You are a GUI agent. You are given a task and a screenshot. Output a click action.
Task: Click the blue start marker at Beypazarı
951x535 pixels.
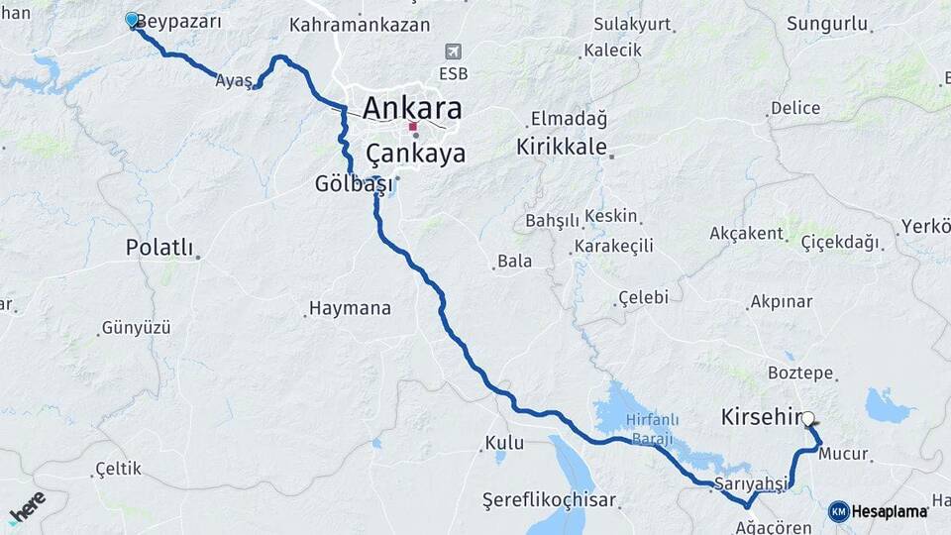tap(132, 20)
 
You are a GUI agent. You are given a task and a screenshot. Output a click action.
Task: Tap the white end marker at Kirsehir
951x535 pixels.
tap(809, 419)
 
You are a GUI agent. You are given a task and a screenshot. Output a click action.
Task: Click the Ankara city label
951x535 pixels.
tap(412, 107)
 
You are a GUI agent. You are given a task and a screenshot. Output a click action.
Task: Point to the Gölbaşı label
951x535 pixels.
tap(354, 184)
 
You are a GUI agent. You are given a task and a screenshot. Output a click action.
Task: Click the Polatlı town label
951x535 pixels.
tap(159, 248)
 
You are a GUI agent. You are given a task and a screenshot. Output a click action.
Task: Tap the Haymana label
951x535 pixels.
tap(350, 309)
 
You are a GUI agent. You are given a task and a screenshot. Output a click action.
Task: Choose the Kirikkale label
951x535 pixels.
tap(561, 147)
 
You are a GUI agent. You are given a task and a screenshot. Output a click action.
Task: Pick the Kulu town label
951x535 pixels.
tap(504, 443)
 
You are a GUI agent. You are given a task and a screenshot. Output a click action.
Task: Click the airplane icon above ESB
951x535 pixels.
tap(454, 52)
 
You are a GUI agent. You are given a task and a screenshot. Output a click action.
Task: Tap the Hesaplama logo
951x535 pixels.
tap(878, 511)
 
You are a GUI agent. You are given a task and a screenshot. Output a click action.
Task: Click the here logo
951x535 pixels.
tap(27, 507)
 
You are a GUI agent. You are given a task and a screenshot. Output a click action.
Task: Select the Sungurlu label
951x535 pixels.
tap(827, 24)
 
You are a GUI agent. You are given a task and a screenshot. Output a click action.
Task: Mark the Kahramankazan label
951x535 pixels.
tap(359, 26)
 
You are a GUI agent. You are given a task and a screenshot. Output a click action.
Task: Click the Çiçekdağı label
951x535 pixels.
tap(839, 242)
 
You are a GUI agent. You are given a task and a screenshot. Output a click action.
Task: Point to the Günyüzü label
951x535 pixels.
tap(137, 327)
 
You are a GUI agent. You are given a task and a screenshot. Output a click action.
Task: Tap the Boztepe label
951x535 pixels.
tap(800, 373)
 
